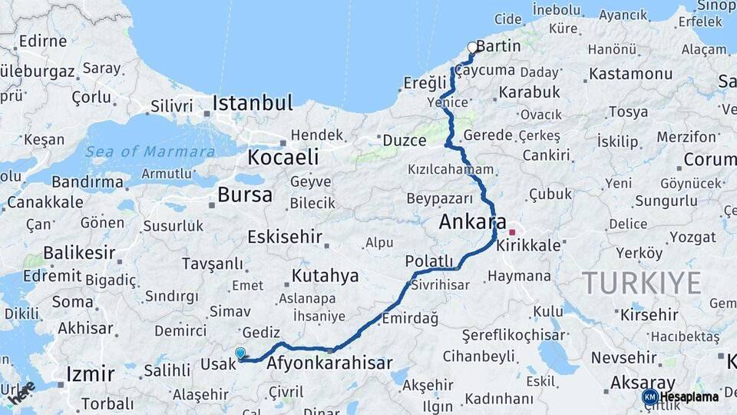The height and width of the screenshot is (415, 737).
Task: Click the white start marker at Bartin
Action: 473,48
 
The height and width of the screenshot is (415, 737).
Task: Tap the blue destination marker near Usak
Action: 240,354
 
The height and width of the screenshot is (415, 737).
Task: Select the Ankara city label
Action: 472,223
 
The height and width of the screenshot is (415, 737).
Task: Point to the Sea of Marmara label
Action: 150,151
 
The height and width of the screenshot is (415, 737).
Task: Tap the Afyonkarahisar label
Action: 329,364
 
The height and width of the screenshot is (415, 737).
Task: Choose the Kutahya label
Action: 326,276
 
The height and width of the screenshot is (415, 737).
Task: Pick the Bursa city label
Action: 244,195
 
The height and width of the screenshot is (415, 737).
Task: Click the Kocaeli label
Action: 283,158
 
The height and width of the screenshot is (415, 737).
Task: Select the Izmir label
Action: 90,375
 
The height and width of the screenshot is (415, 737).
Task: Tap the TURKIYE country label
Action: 641,284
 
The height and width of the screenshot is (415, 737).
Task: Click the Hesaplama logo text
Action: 689,397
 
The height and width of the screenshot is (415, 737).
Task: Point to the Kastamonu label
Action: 632,75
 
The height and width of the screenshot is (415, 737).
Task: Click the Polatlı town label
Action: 429,261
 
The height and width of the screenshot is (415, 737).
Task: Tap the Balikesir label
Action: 79,252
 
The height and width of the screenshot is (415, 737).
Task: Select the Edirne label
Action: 42,41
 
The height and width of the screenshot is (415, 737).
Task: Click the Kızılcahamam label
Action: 450,169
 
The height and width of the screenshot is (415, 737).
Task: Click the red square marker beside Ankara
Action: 512,232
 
